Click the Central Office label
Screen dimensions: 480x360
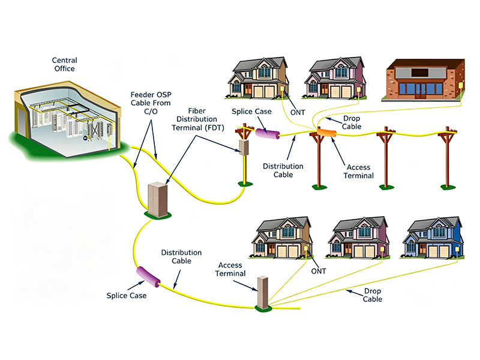point(65,64)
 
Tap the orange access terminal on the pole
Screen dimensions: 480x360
point(326,133)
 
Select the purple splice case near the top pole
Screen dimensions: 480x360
point(268,133)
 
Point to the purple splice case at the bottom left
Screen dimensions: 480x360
point(148,277)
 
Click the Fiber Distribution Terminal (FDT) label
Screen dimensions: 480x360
point(197,119)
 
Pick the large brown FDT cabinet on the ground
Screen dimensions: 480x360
point(158,199)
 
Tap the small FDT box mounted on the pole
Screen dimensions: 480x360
point(244,147)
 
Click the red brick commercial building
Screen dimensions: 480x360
point(424,80)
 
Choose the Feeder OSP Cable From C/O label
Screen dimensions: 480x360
point(151,103)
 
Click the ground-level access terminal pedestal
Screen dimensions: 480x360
point(262,293)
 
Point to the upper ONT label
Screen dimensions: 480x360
point(298,113)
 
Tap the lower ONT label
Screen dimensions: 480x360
point(319,271)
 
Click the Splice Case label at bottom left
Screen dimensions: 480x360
point(127,296)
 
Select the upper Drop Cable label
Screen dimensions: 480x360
point(352,122)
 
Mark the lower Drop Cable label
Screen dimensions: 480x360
point(372,295)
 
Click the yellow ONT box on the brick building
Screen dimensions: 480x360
point(460,85)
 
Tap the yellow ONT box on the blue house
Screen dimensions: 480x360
point(457,250)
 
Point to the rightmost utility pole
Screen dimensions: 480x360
point(448,158)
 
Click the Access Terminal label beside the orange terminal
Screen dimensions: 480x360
point(358,172)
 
